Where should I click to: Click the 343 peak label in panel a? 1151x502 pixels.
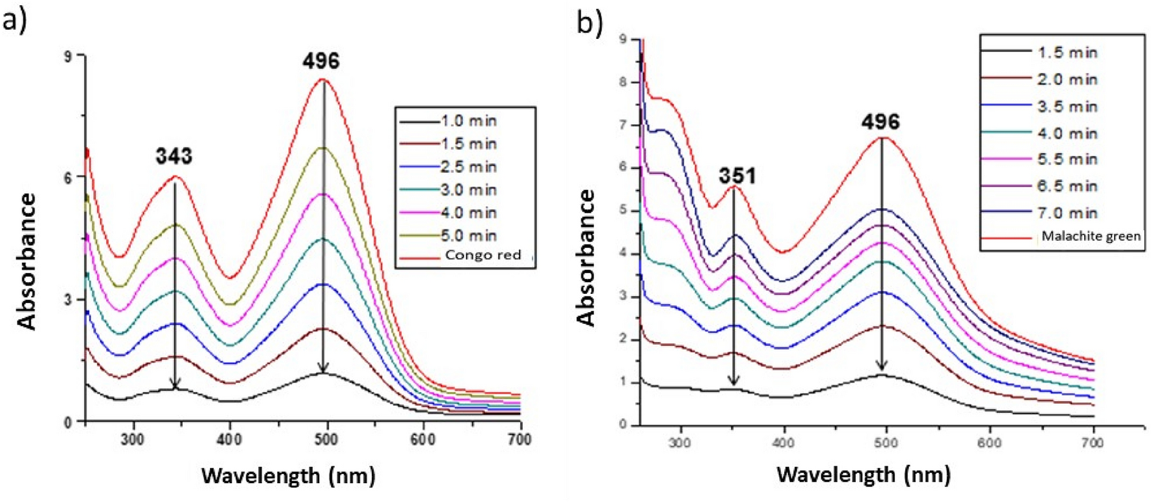(x=174, y=156)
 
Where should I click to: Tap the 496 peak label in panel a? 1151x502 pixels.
(x=321, y=61)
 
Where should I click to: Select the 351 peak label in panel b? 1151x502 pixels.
(x=737, y=176)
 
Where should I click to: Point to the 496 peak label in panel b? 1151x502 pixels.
(x=881, y=122)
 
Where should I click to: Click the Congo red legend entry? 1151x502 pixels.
(x=483, y=255)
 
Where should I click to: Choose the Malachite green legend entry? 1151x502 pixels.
(x=1091, y=236)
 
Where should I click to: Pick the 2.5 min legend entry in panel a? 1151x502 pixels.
(x=468, y=166)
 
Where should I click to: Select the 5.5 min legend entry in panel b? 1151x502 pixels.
(x=1067, y=159)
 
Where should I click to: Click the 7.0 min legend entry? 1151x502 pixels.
(x=1067, y=213)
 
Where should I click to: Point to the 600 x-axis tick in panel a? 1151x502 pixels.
(x=423, y=440)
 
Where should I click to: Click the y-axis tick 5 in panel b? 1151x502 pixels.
(x=622, y=210)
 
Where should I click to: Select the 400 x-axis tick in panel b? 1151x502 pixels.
(x=784, y=443)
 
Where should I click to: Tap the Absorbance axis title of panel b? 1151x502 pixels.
(x=587, y=258)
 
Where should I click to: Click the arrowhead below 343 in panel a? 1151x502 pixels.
(x=175, y=383)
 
